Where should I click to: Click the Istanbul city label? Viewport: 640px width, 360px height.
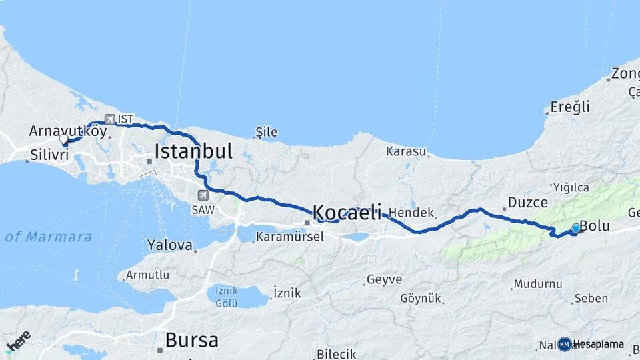[193, 151]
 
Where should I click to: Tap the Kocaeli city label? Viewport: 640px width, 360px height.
[347, 213]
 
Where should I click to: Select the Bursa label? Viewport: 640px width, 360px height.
[191, 340]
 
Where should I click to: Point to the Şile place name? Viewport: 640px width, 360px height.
[267, 133]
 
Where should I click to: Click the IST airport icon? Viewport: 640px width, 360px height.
[110, 119]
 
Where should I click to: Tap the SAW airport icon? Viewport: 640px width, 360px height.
[203, 195]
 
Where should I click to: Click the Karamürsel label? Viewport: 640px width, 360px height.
[290, 237]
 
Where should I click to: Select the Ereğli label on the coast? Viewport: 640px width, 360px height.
[570, 107]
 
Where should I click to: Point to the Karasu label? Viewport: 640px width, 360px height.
[405, 151]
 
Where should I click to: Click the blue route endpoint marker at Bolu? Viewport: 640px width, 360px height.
[576, 228]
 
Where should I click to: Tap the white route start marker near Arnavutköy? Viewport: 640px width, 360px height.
[64, 139]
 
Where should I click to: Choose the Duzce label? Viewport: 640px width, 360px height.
[527, 202]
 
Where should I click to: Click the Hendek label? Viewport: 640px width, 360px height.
[411, 213]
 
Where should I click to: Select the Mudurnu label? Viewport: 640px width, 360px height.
[538, 284]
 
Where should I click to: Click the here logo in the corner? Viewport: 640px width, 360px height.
[19, 340]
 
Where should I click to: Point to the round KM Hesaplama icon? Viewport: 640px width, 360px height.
[565, 344]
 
